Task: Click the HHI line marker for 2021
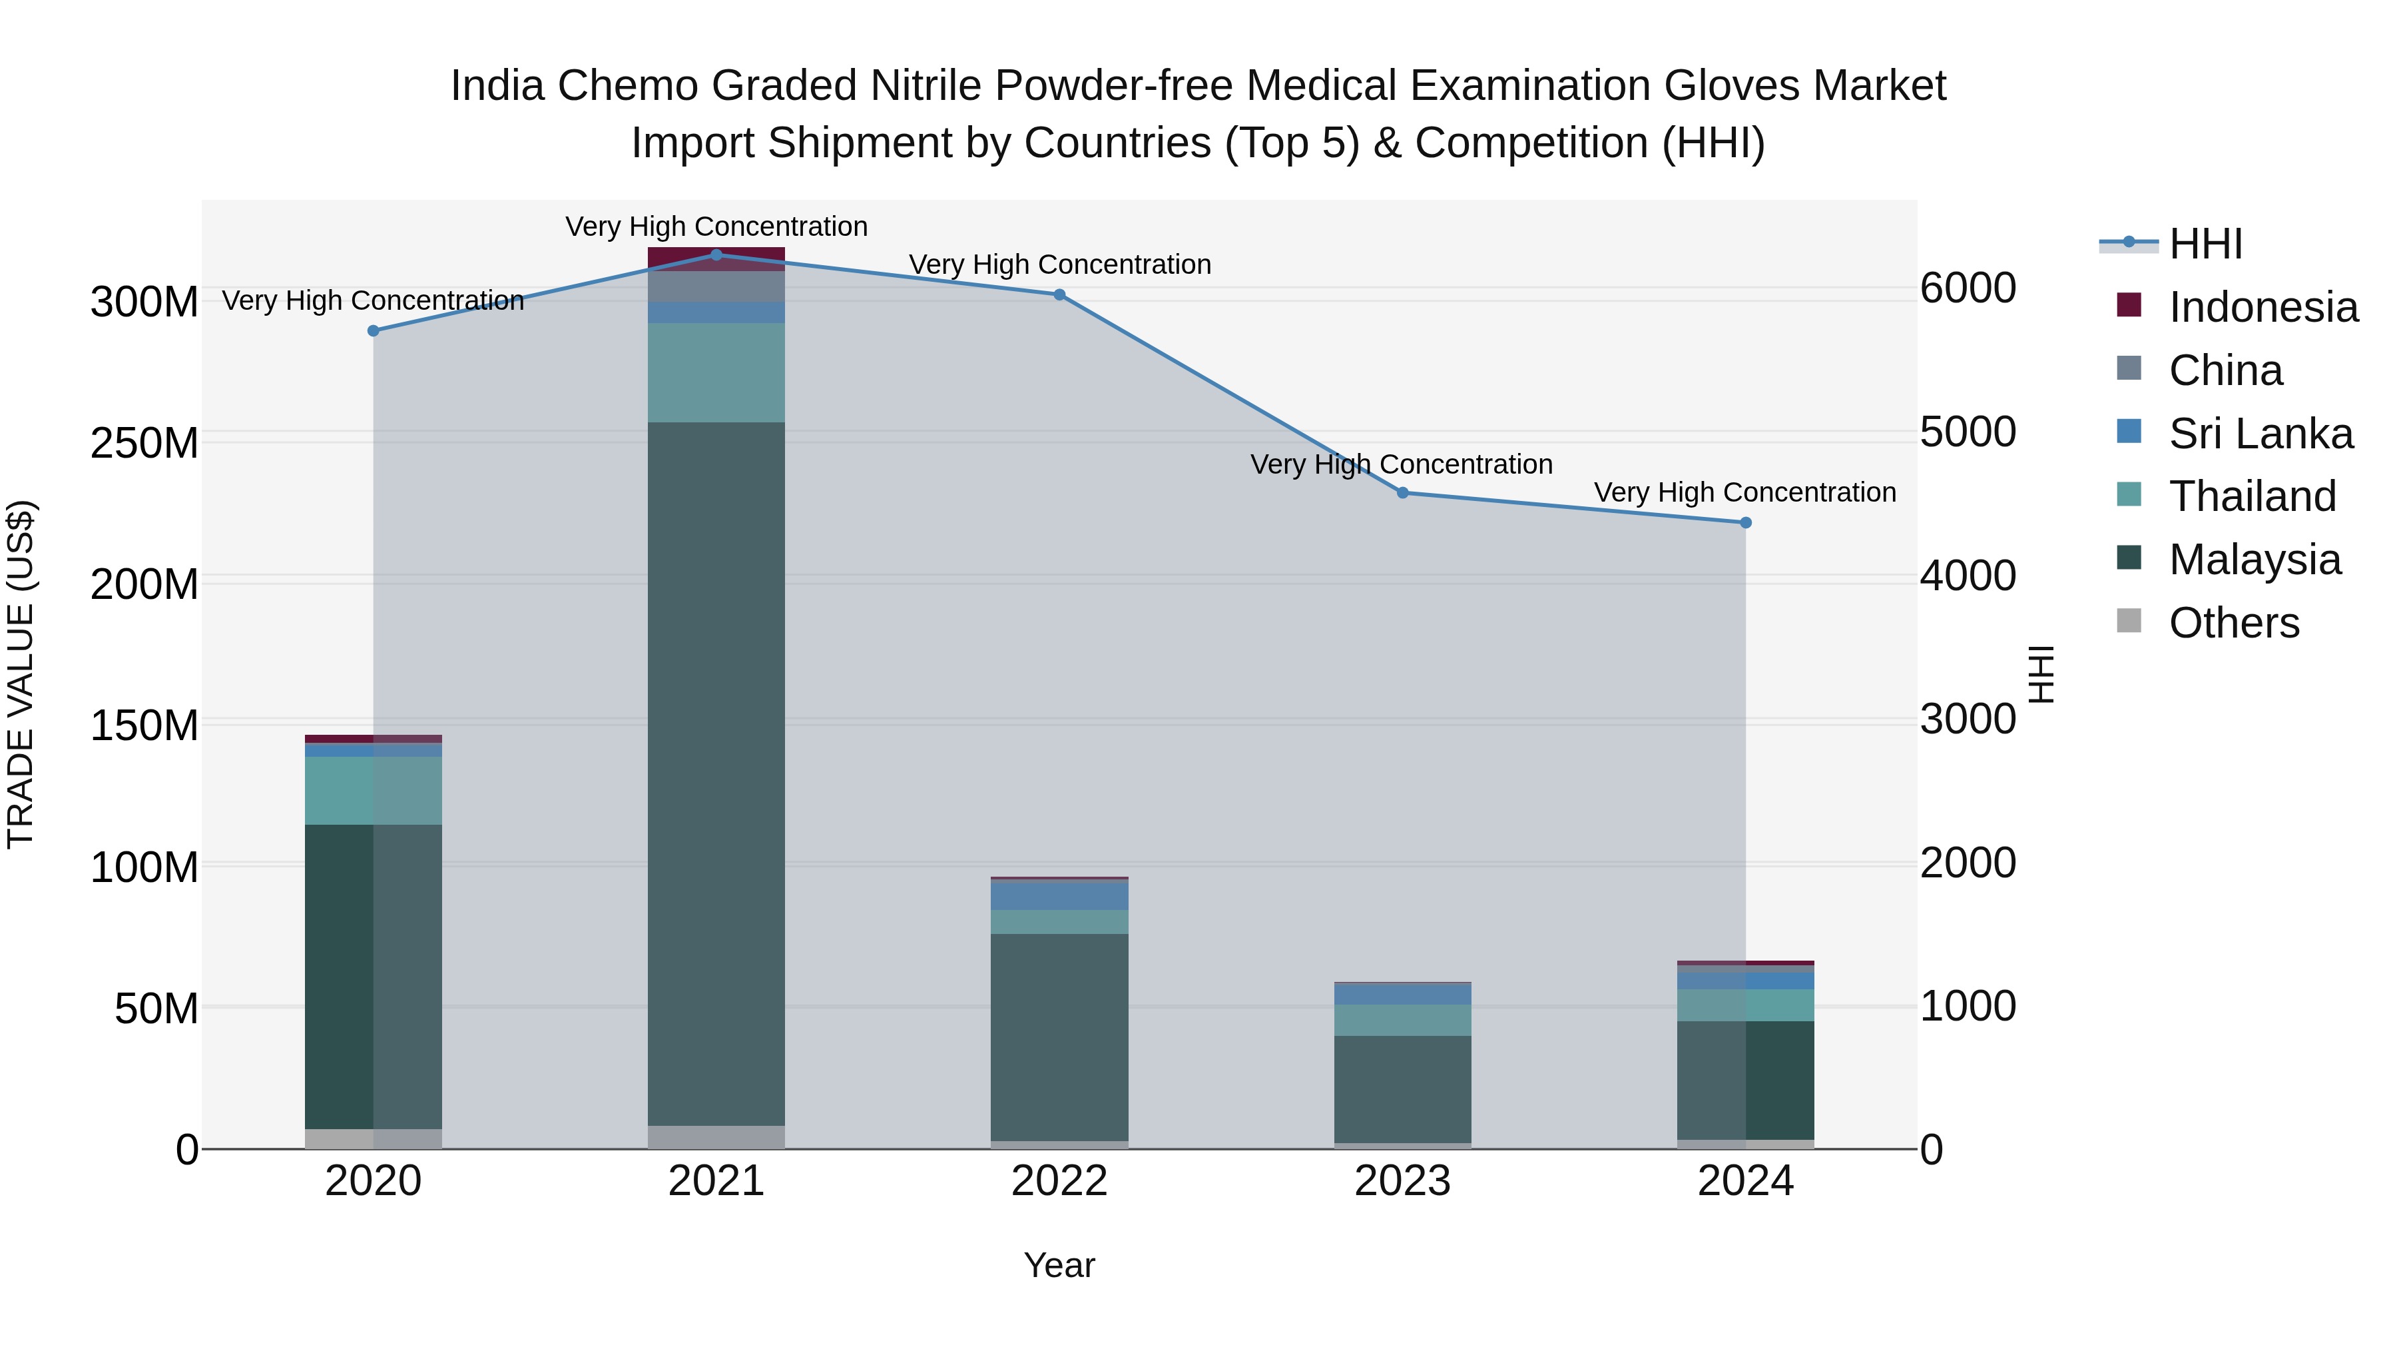[x=716, y=254]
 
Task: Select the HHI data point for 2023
[x=1402, y=492]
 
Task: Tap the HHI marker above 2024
[x=1746, y=522]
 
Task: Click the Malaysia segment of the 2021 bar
[x=716, y=773]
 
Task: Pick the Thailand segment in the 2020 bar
[x=373, y=789]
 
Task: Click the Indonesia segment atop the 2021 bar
[x=716, y=258]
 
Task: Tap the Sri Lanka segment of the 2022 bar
[x=1059, y=895]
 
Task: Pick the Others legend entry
[x=2233, y=622]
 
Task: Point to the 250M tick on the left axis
[x=144, y=443]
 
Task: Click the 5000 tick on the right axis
[x=1968, y=432]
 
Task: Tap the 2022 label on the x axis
[x=1059, y=1181]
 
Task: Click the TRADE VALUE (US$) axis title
[x=21, y=674]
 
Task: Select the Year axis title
[x=1059, y=1265]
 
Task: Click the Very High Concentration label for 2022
[x=1059, y=264]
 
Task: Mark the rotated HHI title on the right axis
[x=2041, y=674]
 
